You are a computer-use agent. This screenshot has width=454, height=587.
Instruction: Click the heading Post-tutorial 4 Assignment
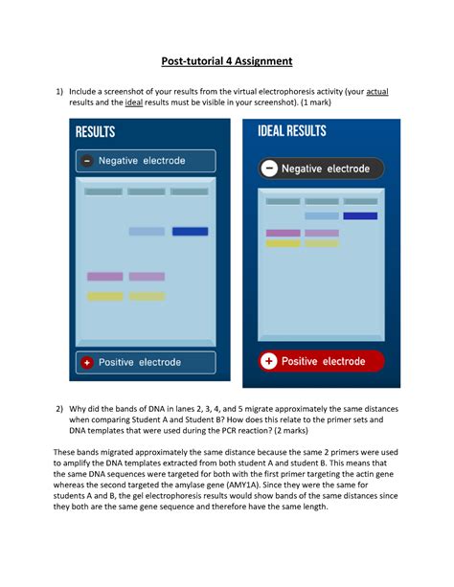pos(226,61)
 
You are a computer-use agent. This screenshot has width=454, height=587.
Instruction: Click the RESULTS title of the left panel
pos(95,132)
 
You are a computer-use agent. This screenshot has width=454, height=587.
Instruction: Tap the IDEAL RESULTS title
pos(292,131)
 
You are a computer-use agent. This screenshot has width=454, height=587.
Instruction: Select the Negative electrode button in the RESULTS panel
pos(147,161)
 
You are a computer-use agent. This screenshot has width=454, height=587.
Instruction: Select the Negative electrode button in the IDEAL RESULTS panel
pos(319,169)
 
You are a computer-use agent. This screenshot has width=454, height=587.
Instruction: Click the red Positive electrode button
pos(319,361)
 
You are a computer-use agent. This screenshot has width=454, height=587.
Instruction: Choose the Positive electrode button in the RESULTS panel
pos(147,362)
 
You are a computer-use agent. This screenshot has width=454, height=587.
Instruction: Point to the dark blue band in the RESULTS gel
pos(190,232)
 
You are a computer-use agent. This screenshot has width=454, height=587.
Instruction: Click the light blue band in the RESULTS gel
pos(147,232)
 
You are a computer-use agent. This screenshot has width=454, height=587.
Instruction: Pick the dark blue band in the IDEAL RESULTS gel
pos(359,216)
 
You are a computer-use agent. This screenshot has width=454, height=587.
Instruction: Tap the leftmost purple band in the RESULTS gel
pos(104,277)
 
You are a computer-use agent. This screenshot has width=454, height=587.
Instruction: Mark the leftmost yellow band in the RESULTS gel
pos(104,296)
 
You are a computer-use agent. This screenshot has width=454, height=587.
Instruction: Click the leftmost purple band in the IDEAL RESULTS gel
pos(283,233)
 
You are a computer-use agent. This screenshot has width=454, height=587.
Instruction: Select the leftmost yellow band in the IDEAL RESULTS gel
pos(283,243)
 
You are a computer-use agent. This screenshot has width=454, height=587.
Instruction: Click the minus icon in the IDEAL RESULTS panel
pos(269,169)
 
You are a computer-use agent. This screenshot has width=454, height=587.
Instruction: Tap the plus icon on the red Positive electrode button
pos(268,361)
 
